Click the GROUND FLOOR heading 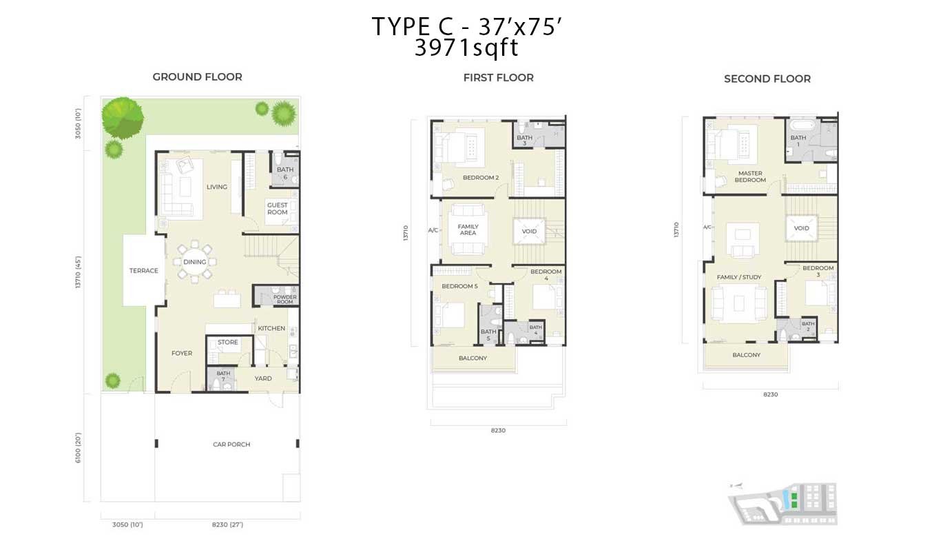coord(197,77)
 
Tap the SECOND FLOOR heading coord(767,79)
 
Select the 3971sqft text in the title coord(466,48)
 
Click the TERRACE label coord(144,270)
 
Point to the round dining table coord(195,262)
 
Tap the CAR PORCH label coord(231,445)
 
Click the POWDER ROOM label coord(285,299)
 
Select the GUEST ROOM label coord(278,208)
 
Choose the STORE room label coord(228,342)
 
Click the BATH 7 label coord(223,376)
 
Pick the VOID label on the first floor coord(529,231)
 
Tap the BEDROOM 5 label coord(459,286)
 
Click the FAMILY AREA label coord(468,230)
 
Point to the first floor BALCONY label coord(473,358)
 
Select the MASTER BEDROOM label coord(750,176)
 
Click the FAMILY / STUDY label coord(739,277)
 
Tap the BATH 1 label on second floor coord(798,141)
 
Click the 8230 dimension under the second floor coord(771,394)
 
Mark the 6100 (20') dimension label coord(78,447)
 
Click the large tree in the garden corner coord(123,118)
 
